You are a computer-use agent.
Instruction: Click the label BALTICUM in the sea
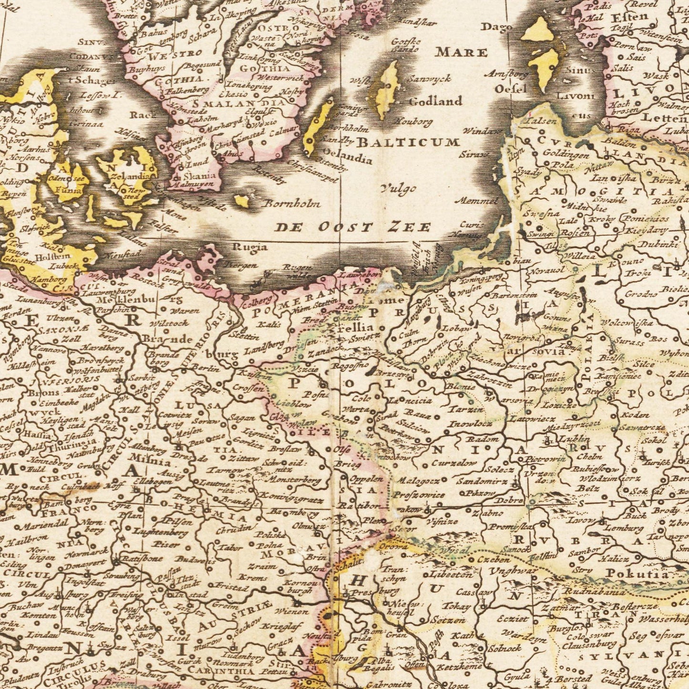click(x=408, y=142)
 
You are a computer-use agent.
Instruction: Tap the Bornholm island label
click(x=292, y=204)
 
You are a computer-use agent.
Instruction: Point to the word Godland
click(x=435, y=101)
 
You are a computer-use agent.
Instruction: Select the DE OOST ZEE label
click(x=352, y=227)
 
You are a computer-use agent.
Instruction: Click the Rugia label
click(x=249, y=247)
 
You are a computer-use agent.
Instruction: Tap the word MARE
click(x=462, y=52)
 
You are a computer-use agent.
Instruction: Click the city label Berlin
click(x=206, y=368)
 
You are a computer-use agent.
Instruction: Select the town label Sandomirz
click(x=482, y=482)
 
